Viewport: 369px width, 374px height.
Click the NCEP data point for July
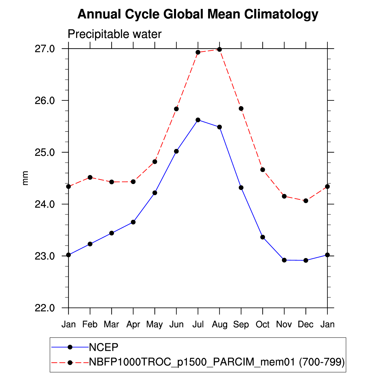point(198,120)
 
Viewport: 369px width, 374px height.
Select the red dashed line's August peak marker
point(219,49)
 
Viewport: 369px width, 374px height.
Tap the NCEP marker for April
point(133,222)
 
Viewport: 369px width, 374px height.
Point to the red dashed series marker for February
point(90,177)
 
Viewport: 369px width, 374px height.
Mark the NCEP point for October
point(262,237)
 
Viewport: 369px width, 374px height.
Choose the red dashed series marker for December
point(306,201)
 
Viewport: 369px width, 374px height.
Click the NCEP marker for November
point(284,260)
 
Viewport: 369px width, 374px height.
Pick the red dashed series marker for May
point(155,162)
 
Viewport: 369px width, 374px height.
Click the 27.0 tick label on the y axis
point(45,49)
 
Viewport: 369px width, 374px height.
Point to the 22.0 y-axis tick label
point(45,308)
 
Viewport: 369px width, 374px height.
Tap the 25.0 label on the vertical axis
point(45,152)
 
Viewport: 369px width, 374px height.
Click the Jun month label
point(176,325)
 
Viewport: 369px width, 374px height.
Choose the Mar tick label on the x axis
point(111,325)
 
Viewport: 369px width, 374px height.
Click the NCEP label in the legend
point(103,347)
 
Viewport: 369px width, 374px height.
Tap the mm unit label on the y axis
point(25,178)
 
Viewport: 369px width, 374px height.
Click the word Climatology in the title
point(281,14)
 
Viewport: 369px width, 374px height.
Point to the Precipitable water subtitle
point(115,34)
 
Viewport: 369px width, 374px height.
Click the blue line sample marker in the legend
point(70,347)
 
